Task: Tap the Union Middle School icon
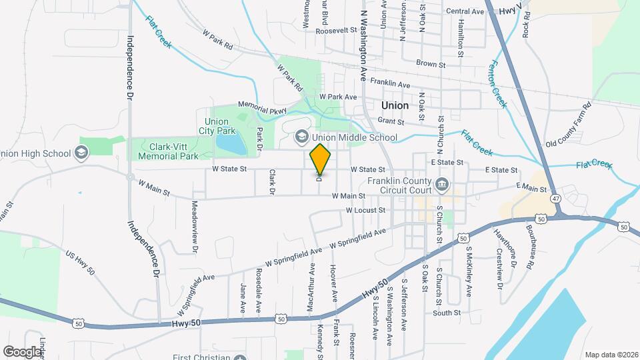[x=301, y=137]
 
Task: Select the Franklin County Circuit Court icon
[x=441, y=183]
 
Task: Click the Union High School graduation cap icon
[x=82, y=153]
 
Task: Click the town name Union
[x=395, y=105]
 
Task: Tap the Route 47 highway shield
[x=555, y=198]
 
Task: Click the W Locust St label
[x=365, y=210]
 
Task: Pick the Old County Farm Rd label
[x=569, y=125]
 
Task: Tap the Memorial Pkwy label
[x=262, y=109]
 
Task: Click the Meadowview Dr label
[x=195, y=227]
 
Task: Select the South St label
[x=446, y=313]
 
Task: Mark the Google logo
[x=23, y=351]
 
